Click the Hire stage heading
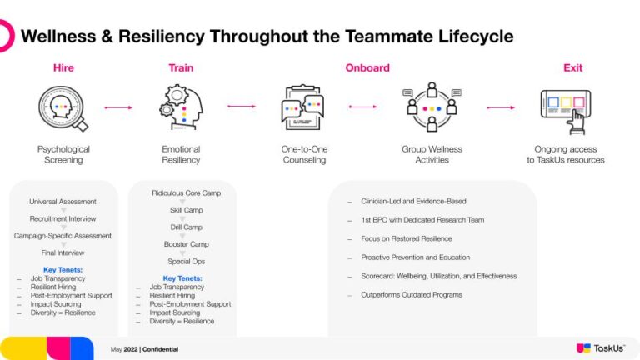coord(63,67)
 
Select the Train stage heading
coord(181,67)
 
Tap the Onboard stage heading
coord(367,67)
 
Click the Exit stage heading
coord(572,67)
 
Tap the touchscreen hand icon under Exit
coord(567,111)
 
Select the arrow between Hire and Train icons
coord(118,107)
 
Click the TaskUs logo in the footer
coord(600,347)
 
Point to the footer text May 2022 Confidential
coord(144,349)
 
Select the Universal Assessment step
coord(62,202)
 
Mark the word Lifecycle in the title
coord(472,37)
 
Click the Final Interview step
coord(62,252)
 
